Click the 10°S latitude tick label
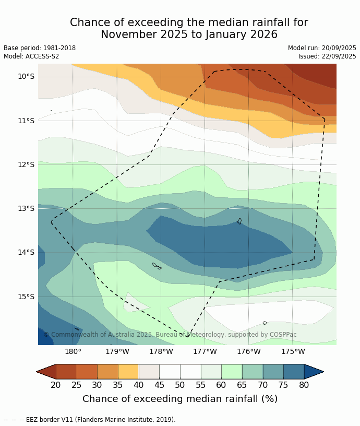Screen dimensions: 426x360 [26, 77]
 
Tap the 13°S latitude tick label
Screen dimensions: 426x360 [26, 209]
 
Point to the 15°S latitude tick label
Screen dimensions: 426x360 [26, 297]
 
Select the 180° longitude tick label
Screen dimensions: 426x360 [73, 351]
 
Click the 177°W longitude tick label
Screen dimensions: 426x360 [205, 351]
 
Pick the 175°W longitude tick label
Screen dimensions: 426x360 [293, 351]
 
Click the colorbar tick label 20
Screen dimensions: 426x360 [56, 385]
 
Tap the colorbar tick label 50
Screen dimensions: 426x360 [180, 385]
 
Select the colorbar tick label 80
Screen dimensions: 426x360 [304, 385]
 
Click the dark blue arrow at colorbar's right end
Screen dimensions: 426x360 [313, 372]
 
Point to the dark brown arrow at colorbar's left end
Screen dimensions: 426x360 [46, 372]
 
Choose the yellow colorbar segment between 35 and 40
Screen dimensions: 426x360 [128, 372]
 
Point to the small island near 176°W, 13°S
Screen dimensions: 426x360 [239, 221]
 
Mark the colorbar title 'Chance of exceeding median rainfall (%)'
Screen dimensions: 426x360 [180, 399]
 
